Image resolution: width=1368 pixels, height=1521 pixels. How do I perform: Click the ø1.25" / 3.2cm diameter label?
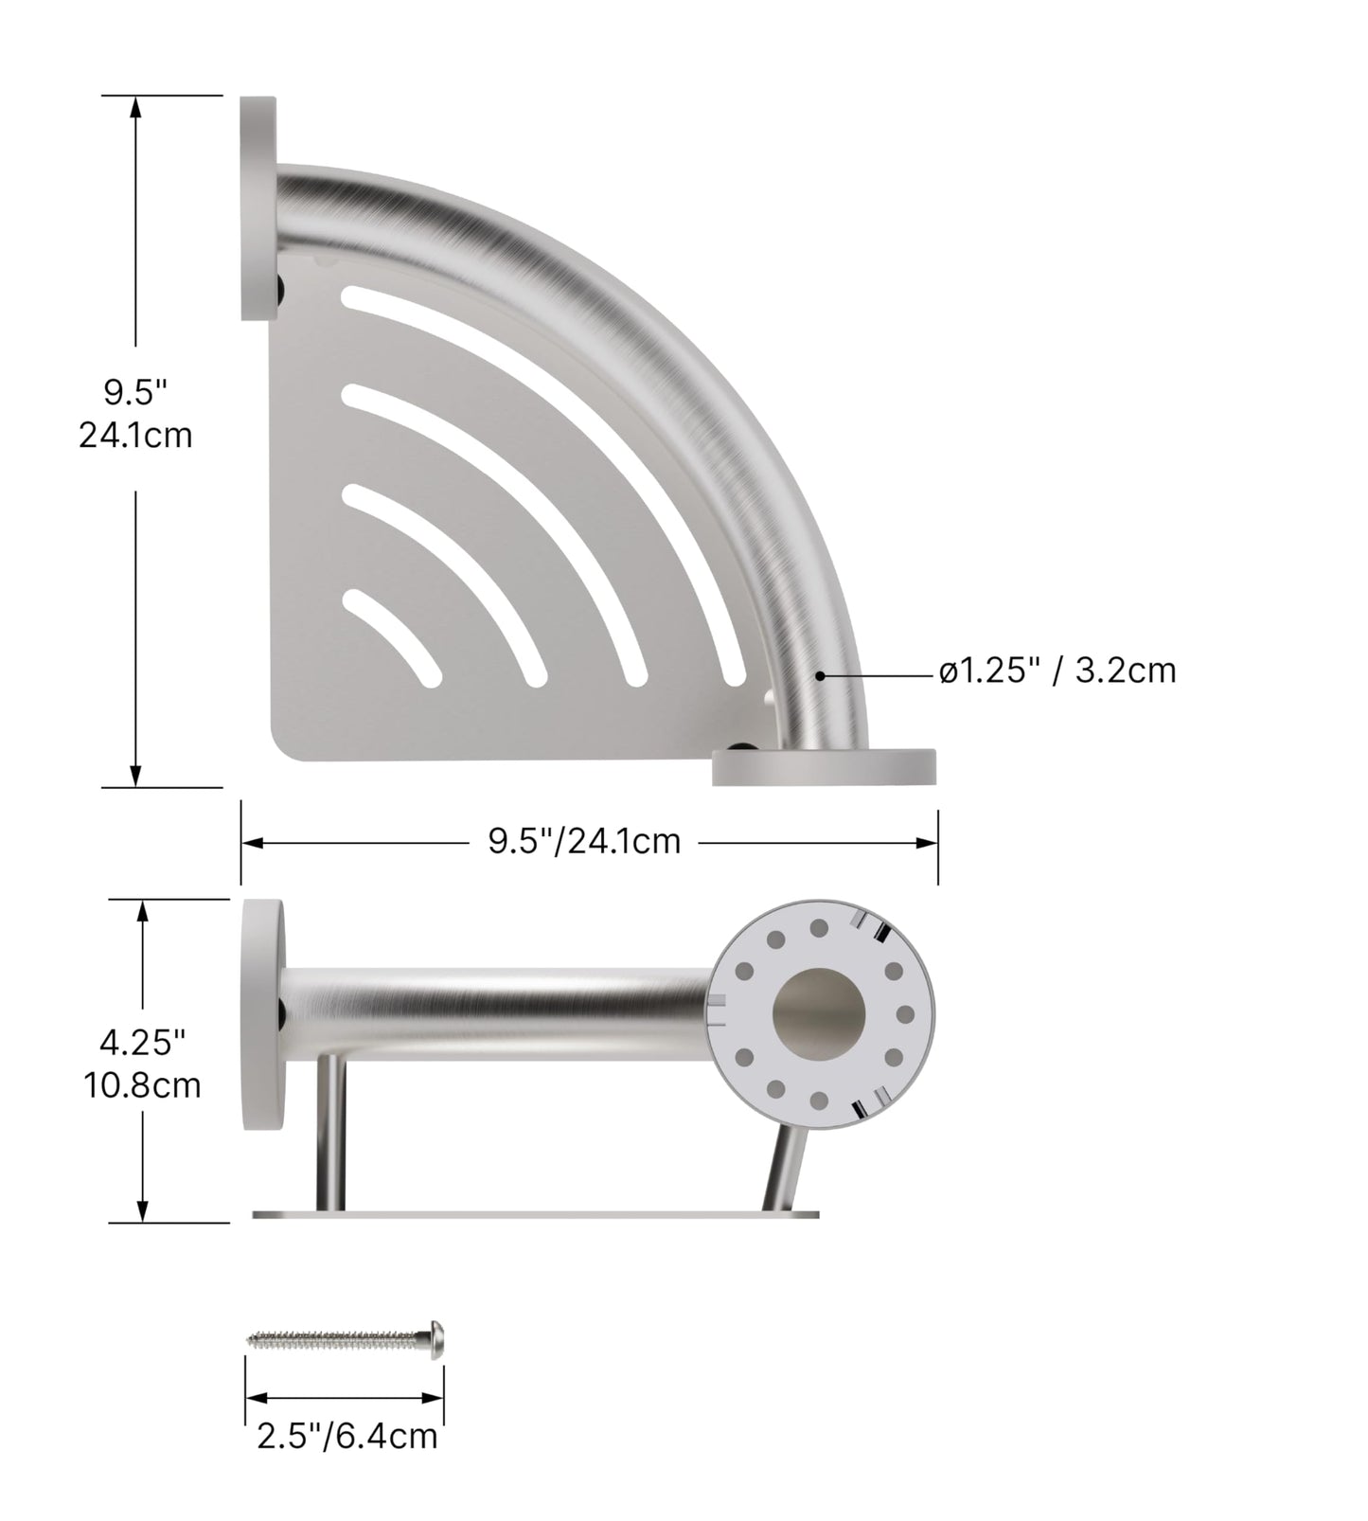(1057, 671)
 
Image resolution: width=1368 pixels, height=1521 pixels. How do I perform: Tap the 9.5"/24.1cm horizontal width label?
(584, 841)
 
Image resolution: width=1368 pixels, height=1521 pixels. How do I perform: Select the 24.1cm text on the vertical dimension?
(135, 435)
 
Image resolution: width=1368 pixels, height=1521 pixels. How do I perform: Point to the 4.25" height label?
(142, 1044)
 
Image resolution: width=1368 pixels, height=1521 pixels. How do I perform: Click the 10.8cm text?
(142, 1085)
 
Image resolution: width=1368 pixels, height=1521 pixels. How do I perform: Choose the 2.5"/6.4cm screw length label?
(346, 1437)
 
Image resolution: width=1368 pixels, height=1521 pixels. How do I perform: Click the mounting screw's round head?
(436, 1339)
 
